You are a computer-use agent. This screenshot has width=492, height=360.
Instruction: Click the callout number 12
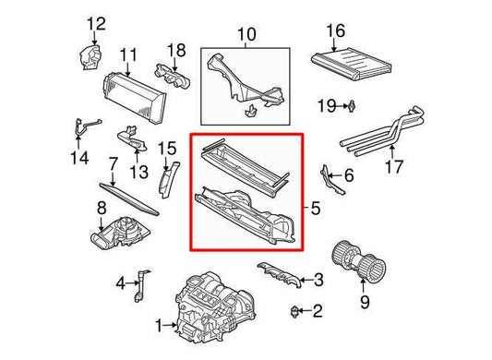(x=96, y=24)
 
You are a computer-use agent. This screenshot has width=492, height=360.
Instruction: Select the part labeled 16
(x=351, y=64)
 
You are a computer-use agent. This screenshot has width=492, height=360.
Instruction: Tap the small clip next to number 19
(x=352, y=106)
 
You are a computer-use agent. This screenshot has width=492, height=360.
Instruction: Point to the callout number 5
(x=316, y=208)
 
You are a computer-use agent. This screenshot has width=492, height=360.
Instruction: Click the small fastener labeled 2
(x=294, y=311)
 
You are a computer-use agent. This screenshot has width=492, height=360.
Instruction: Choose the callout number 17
(x=394, y=166)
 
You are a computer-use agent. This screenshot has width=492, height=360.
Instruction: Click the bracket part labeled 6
(x=331, y=179)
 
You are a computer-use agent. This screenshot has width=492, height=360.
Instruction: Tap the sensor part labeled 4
(x=140, y=285)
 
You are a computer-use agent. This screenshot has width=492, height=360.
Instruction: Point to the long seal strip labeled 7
(x=129, y=199)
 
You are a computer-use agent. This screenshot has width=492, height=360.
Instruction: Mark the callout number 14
(x=79, y=158)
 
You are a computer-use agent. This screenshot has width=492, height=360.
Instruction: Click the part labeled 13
(x=132, y=139)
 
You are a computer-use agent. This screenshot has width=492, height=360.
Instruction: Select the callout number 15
(x=167, y=149)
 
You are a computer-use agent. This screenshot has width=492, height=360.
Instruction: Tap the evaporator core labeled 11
(x=134, y=97)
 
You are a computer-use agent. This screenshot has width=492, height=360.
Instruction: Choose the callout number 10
(x=246, y=34)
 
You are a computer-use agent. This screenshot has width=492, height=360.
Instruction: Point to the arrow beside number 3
(x=305, y=280)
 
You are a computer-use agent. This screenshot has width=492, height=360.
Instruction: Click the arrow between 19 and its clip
(x=342, y=106)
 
